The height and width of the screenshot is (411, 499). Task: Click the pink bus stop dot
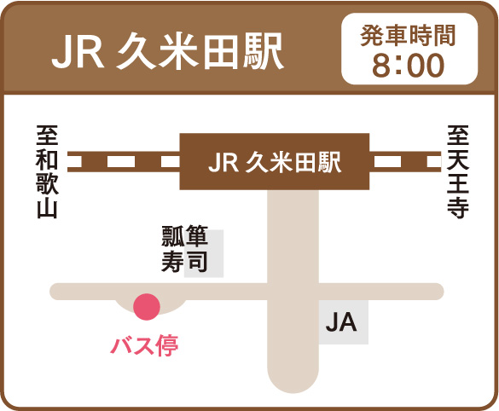pyautogui.click(x=147, y=306)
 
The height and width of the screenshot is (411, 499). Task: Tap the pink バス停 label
pyautogui.click(x=144, y=345)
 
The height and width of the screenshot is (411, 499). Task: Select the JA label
pyautogui.click(x=341, y=322)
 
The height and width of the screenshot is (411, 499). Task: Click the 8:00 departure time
pyautogui.click(x=408, y=65)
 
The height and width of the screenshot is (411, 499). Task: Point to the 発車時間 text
pyautogui.click(x=409, y=35)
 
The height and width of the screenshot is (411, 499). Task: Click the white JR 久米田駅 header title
pyautogui.click(x=168, y=51)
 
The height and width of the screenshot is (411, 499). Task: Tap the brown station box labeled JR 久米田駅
pyautogui.click(x=275, y=162)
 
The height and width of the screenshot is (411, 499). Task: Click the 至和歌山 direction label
pyautogui.click(x=47, y=171)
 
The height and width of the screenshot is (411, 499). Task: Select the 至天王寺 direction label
pyautogui.click(x=458, y=171)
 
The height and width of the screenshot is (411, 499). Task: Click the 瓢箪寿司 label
pyautogui.click(x=184, y=249)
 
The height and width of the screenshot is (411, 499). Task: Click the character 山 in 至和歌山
pyautogui.click(x=47, y=208)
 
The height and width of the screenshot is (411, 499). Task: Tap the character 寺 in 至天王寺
pyautogui.click(x=458, y=208)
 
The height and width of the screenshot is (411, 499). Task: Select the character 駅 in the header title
pyautogui.click(x=264, y=51)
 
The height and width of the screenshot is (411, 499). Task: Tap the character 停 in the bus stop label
pyautogui.click(x=167, y=345)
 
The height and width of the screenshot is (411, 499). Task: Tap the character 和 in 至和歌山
pyautogui.click(x=47, y=159)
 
